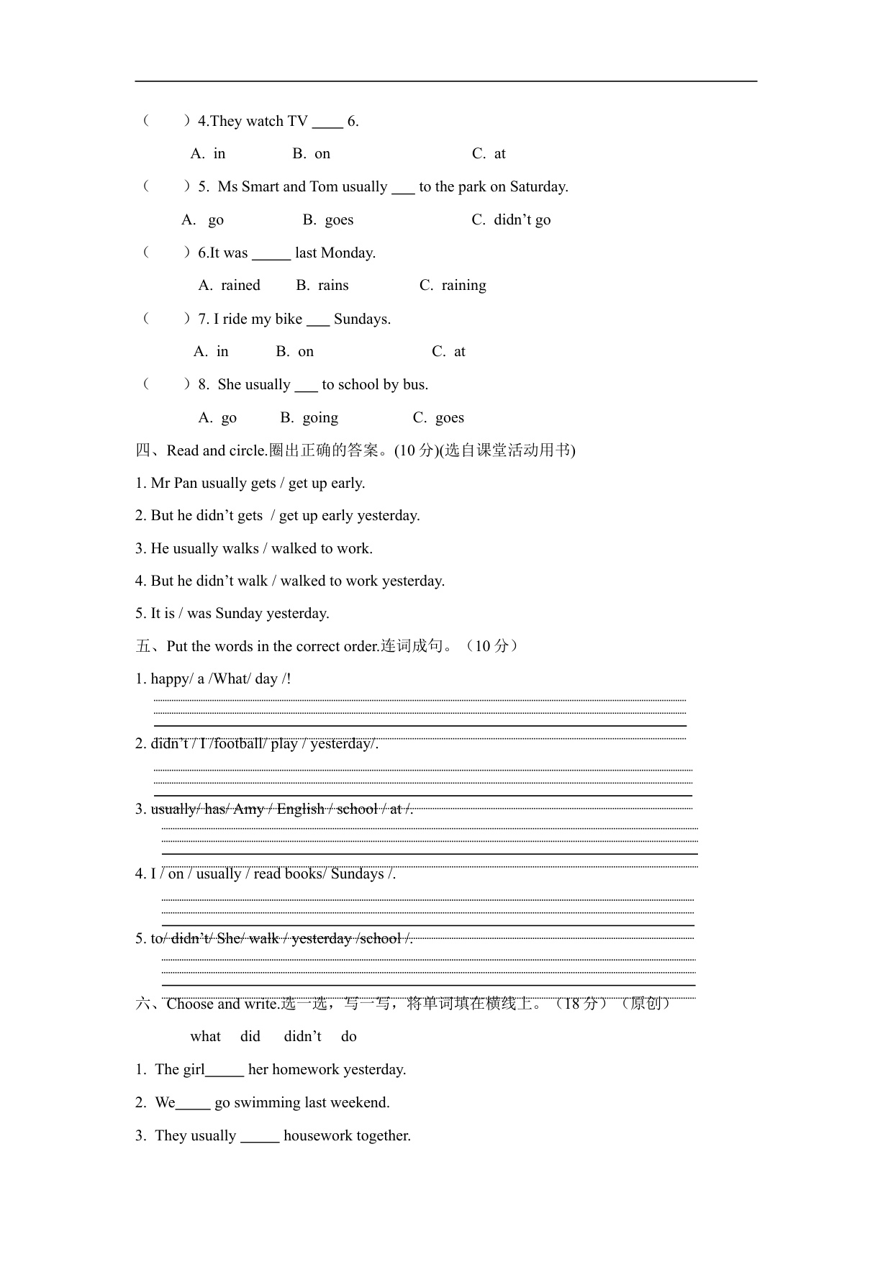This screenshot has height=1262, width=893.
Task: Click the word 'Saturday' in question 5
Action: (538, 187)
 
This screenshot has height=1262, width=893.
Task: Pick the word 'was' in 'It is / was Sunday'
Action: (199, 614)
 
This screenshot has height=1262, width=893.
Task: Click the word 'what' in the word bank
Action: (205, 1037)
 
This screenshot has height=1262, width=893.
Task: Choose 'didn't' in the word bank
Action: (302, 1037)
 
